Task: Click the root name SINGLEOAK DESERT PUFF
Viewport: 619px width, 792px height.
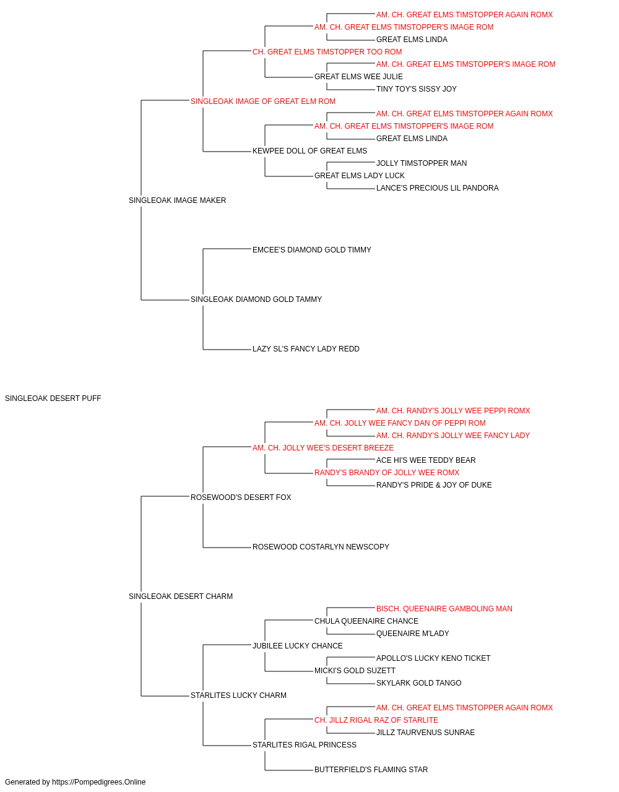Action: click(53, 398)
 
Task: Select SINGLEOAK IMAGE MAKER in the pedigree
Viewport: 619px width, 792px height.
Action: click(177, 200)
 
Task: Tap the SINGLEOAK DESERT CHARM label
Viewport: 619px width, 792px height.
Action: click(181, 596)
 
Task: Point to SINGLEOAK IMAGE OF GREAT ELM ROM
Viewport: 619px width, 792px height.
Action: click(263, 101)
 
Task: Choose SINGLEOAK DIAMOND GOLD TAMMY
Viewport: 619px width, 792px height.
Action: click(256, 299)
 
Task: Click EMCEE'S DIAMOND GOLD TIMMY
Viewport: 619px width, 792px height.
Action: click(312, 250)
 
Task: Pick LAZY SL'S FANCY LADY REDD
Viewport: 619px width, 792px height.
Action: click(306, 349)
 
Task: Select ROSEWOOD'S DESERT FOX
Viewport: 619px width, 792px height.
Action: click(241, 497)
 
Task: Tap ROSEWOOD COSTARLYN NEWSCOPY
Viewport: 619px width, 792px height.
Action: click(321, 547)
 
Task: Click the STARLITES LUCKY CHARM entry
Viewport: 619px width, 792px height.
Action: click(238, 695)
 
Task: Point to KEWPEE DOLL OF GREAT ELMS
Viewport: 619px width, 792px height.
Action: click(309, 151)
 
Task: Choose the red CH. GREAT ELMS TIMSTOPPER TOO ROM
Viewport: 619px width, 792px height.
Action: click(327, 52)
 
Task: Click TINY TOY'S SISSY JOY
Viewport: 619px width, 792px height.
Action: click(417, 89)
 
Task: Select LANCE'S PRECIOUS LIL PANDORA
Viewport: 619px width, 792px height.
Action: click(437, 188)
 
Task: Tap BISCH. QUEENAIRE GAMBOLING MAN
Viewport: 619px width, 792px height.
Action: click(444, 609)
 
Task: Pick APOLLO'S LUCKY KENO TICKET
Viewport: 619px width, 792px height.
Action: click(433, 658)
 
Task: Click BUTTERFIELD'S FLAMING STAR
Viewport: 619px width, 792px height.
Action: click(371, 770)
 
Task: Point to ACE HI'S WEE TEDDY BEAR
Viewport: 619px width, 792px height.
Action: click(426, 460)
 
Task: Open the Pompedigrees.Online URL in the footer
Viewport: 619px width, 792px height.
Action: click(98, 782)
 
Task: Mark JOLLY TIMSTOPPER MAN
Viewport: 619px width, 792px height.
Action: click(422, 163)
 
